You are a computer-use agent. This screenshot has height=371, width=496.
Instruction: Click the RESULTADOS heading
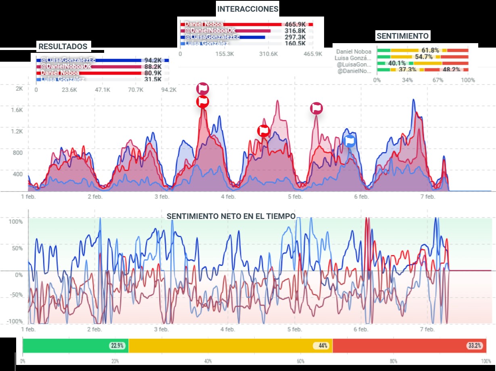coord(63,46)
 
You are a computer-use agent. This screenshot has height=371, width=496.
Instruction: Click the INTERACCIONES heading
coord(248,9)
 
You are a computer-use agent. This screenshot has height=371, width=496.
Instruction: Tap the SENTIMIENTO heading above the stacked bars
coord(402,36)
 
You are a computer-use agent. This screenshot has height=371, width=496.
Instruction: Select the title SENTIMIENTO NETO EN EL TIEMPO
coord(231,216)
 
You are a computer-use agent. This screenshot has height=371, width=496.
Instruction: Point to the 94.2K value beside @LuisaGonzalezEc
coord(153,60)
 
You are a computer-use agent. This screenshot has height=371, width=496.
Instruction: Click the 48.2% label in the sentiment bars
coord(451,70)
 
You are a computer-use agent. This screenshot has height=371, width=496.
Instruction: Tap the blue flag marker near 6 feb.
coord(350,140)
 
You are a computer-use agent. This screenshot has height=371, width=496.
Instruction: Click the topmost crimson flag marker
coord(203,88)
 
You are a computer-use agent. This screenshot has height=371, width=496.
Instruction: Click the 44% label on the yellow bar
coord(322,346)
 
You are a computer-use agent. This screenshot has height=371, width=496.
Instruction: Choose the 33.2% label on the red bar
coord(475,346)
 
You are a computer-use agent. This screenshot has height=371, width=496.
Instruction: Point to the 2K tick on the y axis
coord(19,88)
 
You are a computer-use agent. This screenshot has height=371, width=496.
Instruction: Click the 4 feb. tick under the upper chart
coord(228,197)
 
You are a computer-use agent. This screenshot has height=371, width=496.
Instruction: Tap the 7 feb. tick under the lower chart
coord(427,329)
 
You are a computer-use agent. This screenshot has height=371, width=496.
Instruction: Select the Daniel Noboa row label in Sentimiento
coord(354,51)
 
